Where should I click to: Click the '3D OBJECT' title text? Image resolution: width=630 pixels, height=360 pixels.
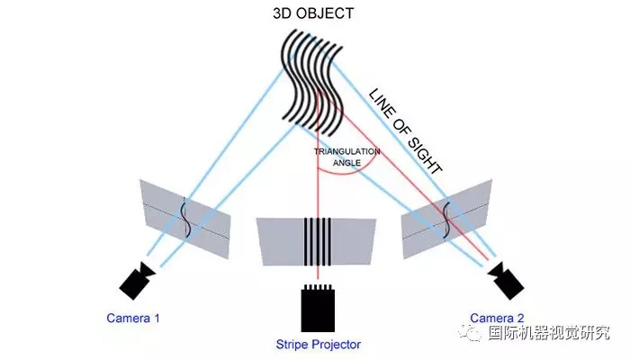coord(313,14)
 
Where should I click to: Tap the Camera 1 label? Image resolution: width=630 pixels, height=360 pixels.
coord(133,318)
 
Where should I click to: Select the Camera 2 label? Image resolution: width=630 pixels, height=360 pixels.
coord(497,318)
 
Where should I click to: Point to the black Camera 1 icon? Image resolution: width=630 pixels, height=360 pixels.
coord(137,281)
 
